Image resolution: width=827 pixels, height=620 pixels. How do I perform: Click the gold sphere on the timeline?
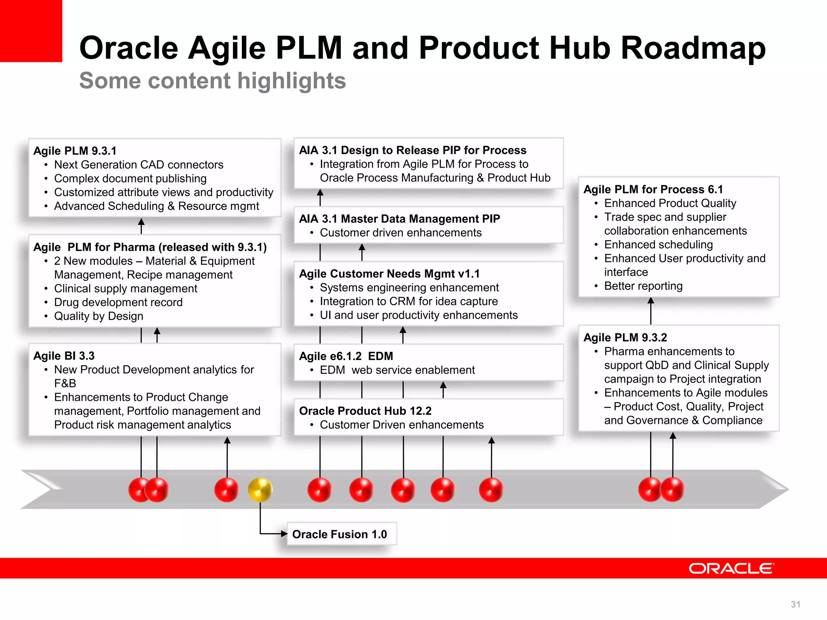[260, 490]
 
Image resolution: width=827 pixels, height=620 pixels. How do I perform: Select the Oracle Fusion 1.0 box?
[341, 534]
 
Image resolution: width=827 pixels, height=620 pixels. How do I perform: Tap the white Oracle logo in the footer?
[731, 568]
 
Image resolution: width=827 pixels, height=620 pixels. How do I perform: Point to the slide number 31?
[795, 604]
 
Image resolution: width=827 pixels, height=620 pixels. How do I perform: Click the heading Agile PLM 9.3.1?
[75, 151]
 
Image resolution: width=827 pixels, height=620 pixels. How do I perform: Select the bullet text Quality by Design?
[99, 316]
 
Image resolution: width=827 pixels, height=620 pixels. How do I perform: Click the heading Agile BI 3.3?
[64, 356]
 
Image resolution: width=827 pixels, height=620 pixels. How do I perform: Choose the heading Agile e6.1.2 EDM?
[346, 356]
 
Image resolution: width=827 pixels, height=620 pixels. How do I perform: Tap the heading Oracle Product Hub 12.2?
[365, 411]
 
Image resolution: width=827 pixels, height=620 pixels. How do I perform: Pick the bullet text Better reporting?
[643, 286]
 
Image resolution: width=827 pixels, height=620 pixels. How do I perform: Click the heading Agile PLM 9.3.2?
[625, 337]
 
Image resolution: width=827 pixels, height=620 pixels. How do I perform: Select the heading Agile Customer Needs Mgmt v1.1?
[389, 274]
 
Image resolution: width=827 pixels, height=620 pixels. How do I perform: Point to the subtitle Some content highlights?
[212, 81]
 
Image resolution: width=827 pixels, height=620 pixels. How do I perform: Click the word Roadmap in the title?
[693, 48]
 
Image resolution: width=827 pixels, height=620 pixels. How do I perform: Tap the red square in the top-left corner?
[31, 31]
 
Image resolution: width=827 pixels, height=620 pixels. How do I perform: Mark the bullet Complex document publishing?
[130, 178]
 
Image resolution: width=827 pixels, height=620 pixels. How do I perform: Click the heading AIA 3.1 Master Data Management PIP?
[399, 219]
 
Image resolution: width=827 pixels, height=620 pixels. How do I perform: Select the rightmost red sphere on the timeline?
[673, 490]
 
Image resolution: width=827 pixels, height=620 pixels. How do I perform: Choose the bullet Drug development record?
[118, 302]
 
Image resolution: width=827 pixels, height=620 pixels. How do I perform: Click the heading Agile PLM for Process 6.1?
[653, 189]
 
